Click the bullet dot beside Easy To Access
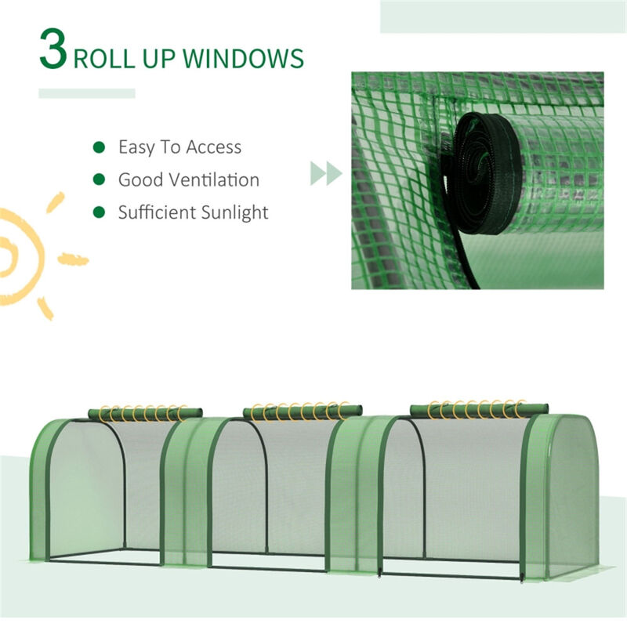click(x=100, y=147)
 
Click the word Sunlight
click(x=233, y=212)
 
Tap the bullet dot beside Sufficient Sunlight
click(x=100, y=212)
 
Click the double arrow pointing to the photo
click(x=326, y=173)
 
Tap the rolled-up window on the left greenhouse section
click(x=144, y=412)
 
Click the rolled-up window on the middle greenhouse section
click(x=303, y=411)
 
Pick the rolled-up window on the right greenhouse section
click(x=478, y=408)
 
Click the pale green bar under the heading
click(x=87, y=93)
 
